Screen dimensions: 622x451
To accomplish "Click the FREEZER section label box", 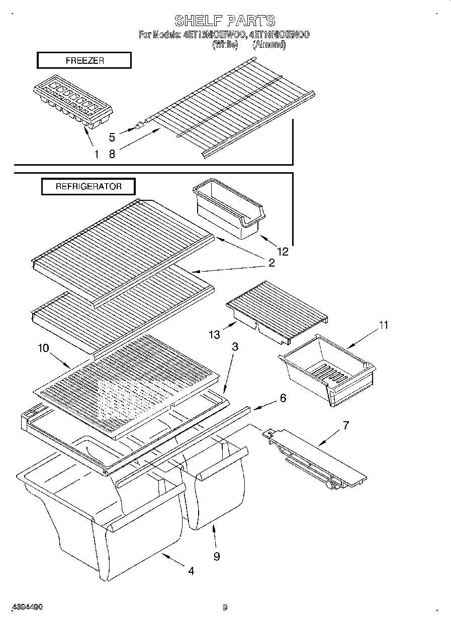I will [84, 61].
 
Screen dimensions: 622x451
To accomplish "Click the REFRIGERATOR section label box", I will [88, 186].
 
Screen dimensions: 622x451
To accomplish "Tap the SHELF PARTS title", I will [225, 21].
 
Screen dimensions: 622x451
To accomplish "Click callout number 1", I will [96, 154].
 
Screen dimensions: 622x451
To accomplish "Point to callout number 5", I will [112, 137].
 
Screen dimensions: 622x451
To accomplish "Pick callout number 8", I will [112, 154].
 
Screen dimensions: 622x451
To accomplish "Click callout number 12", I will [283, 251].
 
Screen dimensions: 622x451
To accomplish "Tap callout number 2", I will [271, 263].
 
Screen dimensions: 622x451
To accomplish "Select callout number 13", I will [215, 334].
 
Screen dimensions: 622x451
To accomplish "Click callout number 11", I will [383, 325].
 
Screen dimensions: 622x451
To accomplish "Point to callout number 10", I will [44, 348].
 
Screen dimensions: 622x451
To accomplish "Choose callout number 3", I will [235, 346].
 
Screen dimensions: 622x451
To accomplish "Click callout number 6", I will [283, 398].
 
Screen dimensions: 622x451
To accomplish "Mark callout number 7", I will [345, 425].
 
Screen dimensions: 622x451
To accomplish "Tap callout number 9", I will [216, 557].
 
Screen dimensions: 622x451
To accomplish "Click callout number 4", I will [191, 571].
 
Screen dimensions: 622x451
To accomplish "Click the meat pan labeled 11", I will [327, 369].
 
